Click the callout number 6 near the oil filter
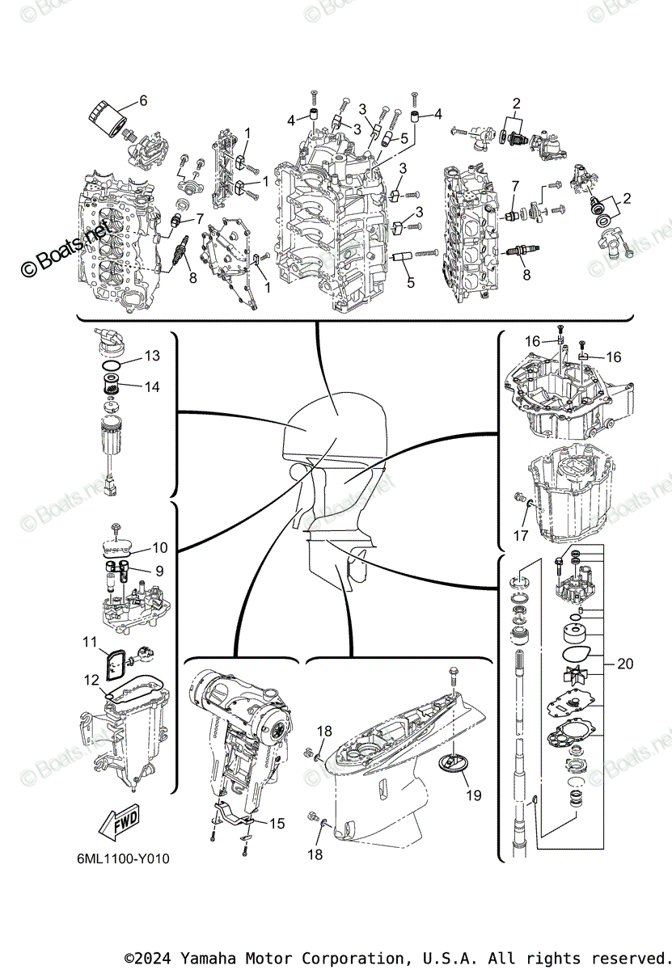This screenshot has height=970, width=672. tap(143, 101)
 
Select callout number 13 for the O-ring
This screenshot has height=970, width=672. tap(153, 356)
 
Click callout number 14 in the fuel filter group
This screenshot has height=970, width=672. tap(153, 387)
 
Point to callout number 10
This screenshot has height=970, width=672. tap(159, 547)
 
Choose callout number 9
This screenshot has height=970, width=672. tap(159, 571)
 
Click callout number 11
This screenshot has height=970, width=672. tap(90, 642)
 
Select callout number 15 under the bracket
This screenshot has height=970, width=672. tap(277, 824)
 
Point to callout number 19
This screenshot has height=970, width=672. tap(474, 795)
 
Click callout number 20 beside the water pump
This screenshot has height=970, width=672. tap(624, 664)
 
